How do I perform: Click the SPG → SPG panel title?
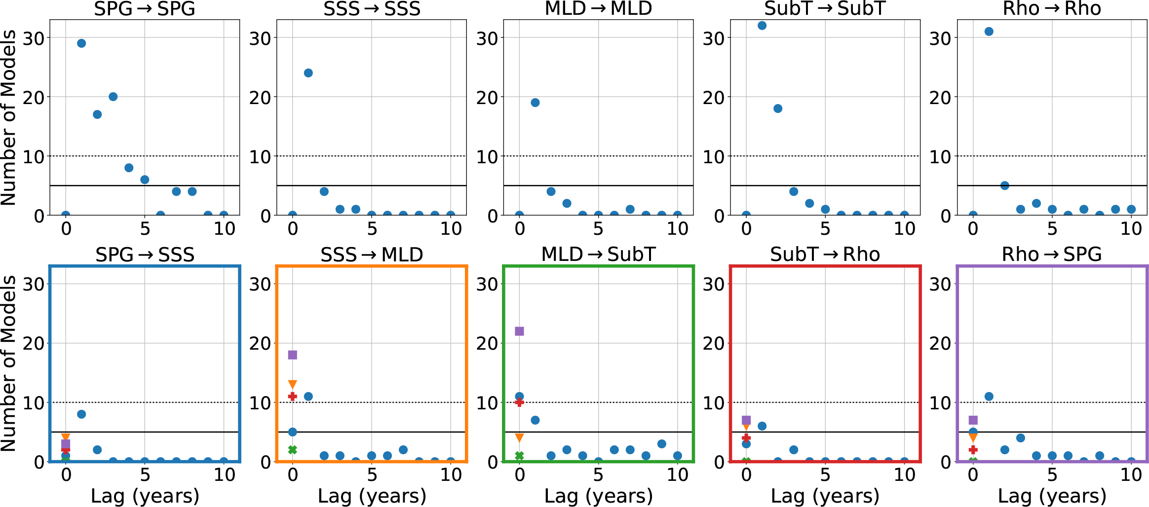(145, 9)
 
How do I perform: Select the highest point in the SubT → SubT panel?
(762, 26)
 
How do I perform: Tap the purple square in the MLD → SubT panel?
(519, 331)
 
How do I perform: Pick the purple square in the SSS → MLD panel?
(292, 355)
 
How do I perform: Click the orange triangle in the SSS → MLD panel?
(292, 384)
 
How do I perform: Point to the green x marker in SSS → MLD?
(292, 450)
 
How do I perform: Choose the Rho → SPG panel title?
(1052, 254)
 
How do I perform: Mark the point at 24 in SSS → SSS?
(308, 73)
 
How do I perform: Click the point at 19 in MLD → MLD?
(535, 103)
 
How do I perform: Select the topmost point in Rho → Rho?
(989, 32)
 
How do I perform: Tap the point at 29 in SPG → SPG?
(81, 43)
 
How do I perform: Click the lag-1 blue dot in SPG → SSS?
(81, 414)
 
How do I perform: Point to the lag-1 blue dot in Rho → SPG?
(989, 397)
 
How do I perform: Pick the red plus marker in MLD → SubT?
(519, 402)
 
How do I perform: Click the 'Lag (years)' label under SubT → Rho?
(825, 496)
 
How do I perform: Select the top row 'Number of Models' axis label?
(9, 117)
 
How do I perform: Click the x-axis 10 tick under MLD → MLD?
(678, 229)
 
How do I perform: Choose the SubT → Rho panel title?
(825, 254)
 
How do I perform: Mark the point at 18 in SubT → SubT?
(778, 109)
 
